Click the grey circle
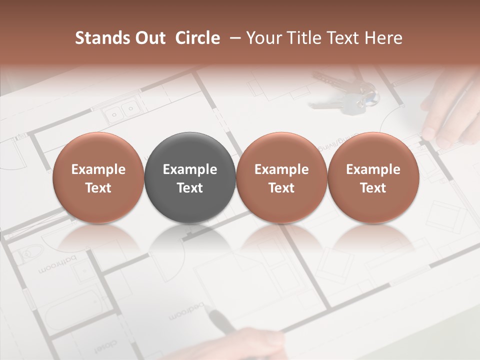coord(190,178)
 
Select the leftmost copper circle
coord(98,178)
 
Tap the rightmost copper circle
coord(373,178)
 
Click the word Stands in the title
coord(101,38)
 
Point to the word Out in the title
coord(149,38)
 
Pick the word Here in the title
coord(383,38)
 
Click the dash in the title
coord(233,38)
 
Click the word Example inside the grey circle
coord(190,169)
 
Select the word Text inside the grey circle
coord(190,188)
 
